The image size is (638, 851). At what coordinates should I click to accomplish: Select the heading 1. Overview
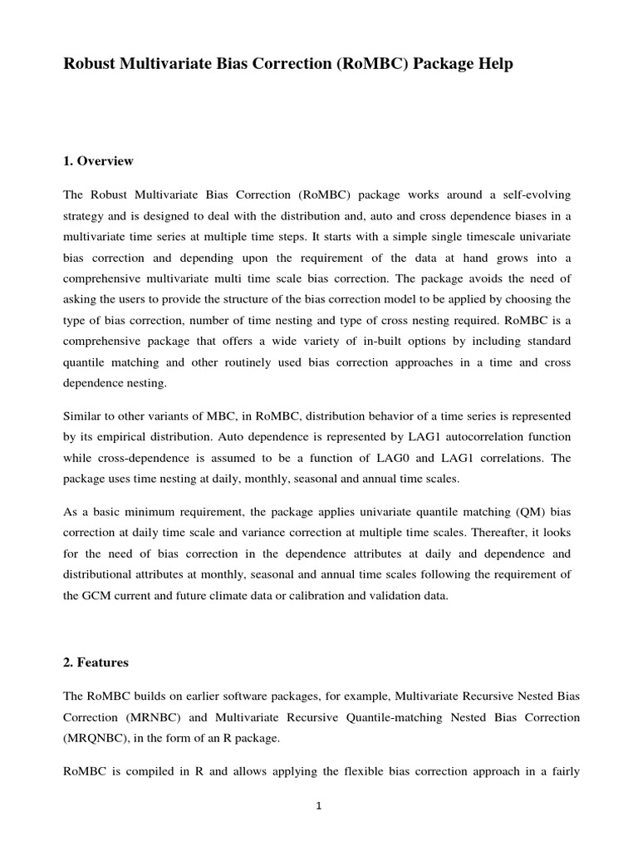[98, 161]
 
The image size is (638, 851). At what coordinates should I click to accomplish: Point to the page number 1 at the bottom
[318, 805]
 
